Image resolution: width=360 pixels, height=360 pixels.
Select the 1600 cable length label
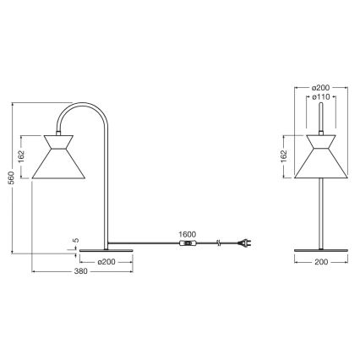[188, 235]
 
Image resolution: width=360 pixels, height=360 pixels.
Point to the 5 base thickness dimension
[77, 241]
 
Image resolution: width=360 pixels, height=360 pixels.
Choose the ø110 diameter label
[320, 97]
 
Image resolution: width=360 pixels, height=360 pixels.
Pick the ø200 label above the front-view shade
[320, 87]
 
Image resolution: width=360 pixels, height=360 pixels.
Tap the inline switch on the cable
[188, 245]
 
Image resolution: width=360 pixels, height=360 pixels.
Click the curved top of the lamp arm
[80, 108]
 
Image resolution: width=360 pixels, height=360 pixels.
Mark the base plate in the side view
[106, 251]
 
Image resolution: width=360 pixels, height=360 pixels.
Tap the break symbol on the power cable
[219, 245]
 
